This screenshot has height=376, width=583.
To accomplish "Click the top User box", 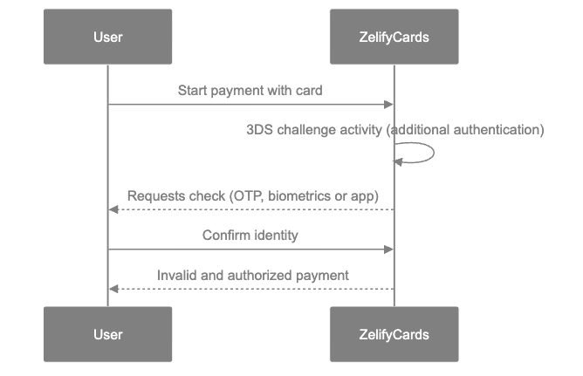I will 107,37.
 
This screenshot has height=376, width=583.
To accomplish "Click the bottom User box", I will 107,334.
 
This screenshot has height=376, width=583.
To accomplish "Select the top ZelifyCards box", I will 394,37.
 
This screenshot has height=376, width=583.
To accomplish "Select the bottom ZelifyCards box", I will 394,334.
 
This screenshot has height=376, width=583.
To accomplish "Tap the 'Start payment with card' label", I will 250,90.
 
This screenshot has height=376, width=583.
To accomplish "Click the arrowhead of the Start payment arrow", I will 389,105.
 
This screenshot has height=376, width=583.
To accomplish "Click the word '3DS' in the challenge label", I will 259,130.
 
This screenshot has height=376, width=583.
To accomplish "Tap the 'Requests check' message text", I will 252,195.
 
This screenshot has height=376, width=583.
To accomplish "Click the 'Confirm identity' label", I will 250,236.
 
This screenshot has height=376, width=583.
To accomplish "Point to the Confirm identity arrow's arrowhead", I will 389,250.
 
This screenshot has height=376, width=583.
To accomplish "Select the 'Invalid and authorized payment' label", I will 252,275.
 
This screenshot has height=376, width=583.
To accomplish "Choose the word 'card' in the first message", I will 310,90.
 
